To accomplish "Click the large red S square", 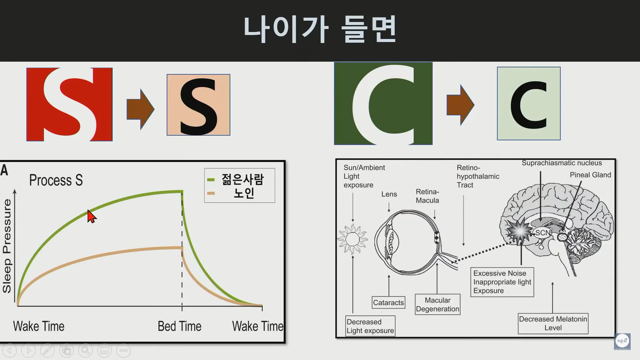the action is (x=69, y=104).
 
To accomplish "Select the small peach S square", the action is (x=198, y=105).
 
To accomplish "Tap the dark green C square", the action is (x=383, y=103).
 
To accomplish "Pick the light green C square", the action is (x=529, y=103).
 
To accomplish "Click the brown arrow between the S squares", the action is (x=140, y=109).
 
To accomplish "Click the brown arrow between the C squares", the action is (x=460, y=105).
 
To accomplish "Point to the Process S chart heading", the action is (x=56, y=180).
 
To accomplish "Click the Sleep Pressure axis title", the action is (x=7, y=246).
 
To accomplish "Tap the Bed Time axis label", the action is (x=179, y=326).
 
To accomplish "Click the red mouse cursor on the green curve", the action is (x=92, y=216).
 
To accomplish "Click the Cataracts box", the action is (x=389, y=303).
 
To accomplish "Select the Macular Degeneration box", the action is (x=438, y=305).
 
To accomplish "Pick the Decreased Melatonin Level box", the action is (x=553, y=323).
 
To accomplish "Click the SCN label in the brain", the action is (x=543, y=233).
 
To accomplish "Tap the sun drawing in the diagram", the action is (x=352, y=239).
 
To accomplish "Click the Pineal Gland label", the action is (x=590, y=175).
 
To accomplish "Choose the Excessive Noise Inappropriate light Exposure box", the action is (x=502, y=282).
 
